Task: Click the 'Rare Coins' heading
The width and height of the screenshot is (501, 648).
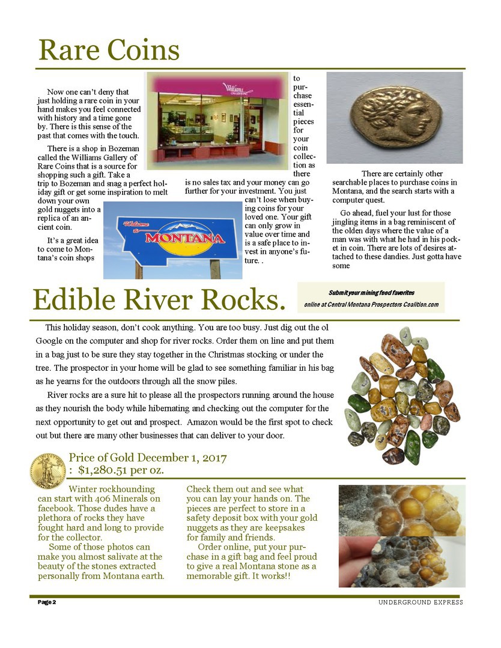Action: point(109,50)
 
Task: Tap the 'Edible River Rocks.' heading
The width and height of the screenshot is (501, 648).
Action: point(159,300)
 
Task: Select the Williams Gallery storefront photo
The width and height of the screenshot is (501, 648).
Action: point(217,121)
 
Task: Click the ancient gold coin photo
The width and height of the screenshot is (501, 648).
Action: point(394,117)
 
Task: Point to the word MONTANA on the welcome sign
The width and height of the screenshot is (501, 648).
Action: point(184,238)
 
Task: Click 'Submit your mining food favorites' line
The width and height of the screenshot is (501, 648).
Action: point(371,293)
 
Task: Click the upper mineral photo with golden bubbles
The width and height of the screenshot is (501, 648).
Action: point(401,510)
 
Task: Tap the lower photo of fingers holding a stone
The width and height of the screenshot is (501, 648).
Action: point(401,562)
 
